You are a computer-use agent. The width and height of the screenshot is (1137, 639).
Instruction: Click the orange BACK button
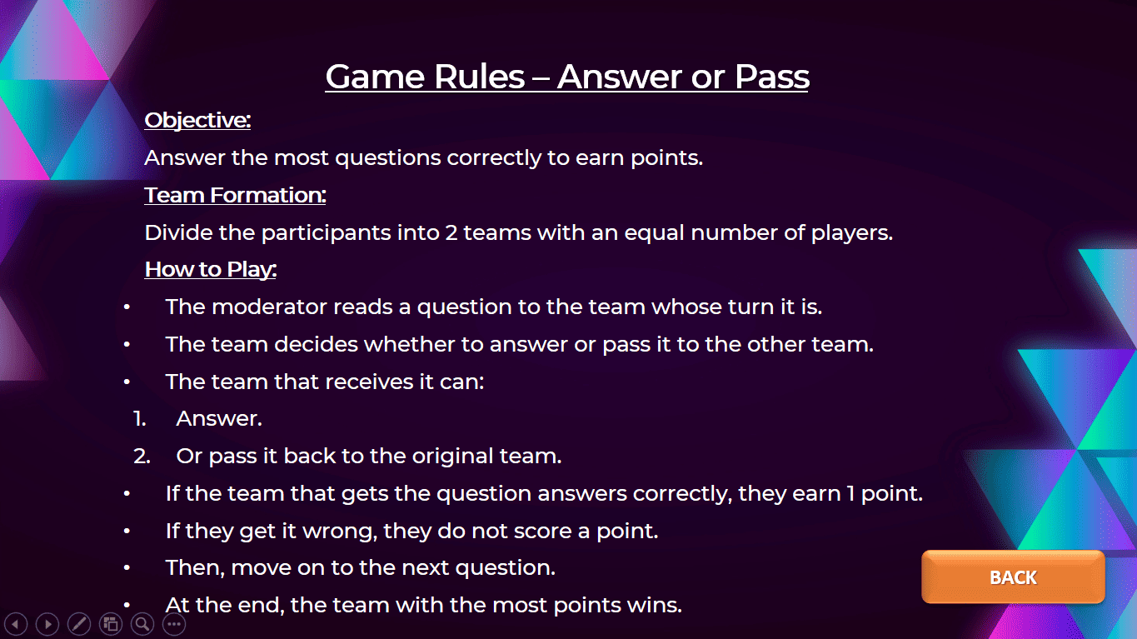point(1013,577)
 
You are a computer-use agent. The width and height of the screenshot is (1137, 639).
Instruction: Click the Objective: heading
point(197,120)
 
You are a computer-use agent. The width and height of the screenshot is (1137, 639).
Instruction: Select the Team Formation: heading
point(235,195)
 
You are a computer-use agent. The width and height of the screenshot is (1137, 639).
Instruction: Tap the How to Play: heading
point(211,269)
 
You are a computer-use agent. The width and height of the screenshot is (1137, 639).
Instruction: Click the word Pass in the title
point(771,77)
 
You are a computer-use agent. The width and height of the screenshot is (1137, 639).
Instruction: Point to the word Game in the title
point(375,77)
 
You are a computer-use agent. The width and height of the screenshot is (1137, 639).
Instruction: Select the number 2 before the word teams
point(451,233)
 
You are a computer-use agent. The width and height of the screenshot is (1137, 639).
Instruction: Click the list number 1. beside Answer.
point(140,419)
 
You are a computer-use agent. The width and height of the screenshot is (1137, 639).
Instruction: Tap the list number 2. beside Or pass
point(142,457)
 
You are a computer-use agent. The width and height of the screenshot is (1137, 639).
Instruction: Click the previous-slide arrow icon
point(17,624)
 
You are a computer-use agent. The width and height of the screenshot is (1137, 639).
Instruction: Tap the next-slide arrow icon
point(47,624)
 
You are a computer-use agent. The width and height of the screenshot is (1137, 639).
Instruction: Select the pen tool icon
point(79,624)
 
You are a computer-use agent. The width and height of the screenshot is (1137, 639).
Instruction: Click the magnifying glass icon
point(142,624)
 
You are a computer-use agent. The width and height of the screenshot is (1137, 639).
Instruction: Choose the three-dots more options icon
point(174,624)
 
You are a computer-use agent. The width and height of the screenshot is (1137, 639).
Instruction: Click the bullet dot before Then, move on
point(127,568)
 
